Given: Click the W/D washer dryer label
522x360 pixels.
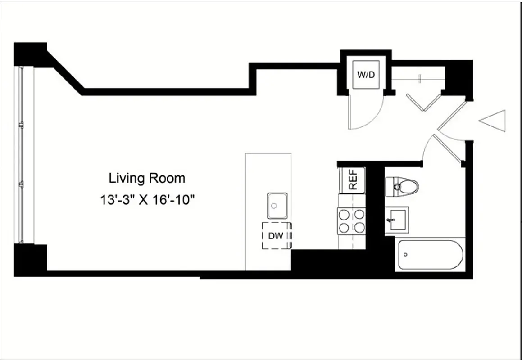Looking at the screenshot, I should tap(366, 75).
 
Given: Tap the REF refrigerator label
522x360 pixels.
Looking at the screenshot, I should tap(354, 180).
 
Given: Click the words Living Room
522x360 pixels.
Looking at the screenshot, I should tap(147, 178).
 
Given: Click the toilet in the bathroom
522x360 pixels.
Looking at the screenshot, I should tap(402, 186).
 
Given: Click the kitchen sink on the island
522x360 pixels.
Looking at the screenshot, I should tap(277, 206).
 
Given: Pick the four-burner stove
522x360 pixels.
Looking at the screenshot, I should tap(352, 221).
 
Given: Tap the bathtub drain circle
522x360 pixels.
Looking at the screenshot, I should tap(405, 255).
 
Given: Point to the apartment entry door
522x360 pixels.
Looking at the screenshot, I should tap(453, 115).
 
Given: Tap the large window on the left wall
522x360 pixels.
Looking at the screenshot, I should tap(23, 155).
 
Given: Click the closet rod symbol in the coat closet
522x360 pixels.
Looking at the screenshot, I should tap(419, 79).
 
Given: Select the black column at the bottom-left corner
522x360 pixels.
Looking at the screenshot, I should tap(31, 260).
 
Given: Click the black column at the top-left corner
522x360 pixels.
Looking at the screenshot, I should tap(31, 54).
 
